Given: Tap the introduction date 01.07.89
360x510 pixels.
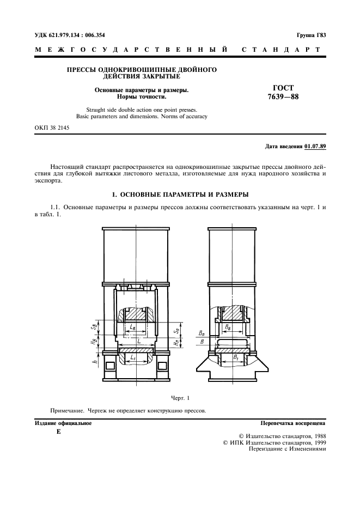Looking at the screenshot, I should click(x=315, y=147).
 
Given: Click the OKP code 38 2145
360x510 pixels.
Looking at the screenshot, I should click(x=52, y=128).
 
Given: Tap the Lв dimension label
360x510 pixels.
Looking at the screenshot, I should click(x=133, y=326).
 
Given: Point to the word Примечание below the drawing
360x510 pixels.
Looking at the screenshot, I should click(x=67, y=410).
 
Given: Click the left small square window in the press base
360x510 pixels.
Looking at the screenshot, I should click(x=110, y=365).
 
